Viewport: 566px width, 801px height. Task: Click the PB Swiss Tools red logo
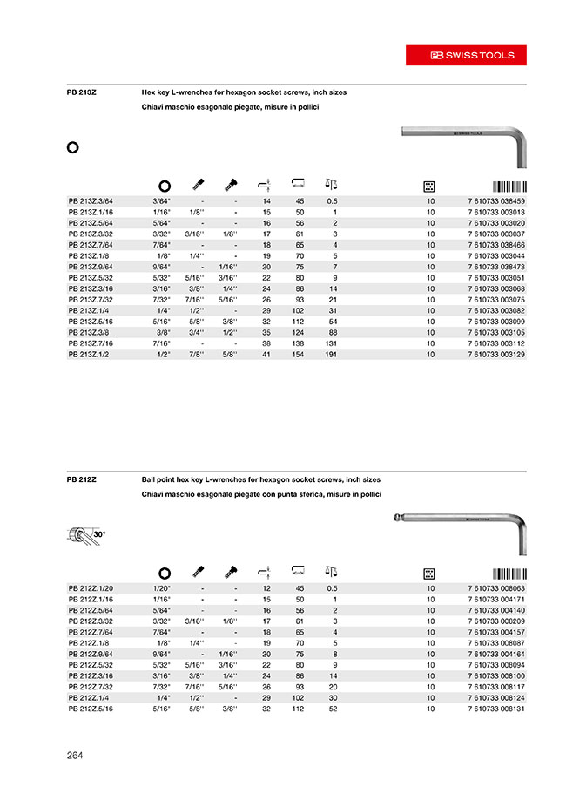[x=473, y=55]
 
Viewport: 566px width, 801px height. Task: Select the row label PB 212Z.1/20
[x=90, y=589]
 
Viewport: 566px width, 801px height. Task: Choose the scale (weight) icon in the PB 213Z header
[x=330, y=184]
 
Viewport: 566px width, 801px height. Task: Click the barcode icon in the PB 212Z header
[x=509, y=573]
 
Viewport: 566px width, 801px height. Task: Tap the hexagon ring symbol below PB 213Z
[x=73, y=146]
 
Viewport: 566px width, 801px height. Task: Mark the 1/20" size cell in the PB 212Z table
[x=163, y=589]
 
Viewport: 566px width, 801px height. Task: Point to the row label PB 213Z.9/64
[x=90, y=268]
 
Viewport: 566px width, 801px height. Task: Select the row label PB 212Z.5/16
[x=90, y=709]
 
